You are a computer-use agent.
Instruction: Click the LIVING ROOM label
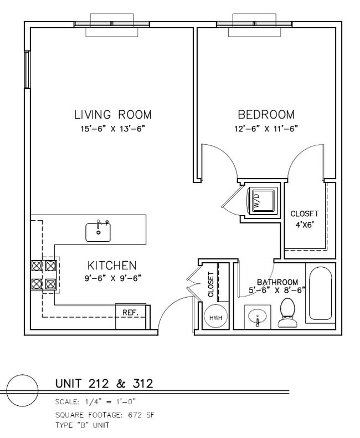pos(113,115)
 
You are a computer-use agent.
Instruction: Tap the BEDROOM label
pos(266,115)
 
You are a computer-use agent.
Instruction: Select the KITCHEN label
pos(112,266)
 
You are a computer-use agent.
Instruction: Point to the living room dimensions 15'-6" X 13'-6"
pos(114,129)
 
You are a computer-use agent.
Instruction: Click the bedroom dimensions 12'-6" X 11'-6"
pos(266,129)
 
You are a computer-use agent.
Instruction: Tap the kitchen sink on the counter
pos(98,232)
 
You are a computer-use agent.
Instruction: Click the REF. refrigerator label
pos(131,313)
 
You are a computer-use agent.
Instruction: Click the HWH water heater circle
pos(216,317)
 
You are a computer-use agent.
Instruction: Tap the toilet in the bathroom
pos(287,312)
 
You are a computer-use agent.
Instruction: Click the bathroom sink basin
pos(258,317)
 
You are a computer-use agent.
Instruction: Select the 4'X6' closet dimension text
pos(305,225)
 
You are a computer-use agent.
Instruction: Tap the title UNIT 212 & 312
pos(104,383)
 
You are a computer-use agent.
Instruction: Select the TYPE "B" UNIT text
pos(83,425)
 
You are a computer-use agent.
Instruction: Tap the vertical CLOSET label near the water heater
pos(210,284)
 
